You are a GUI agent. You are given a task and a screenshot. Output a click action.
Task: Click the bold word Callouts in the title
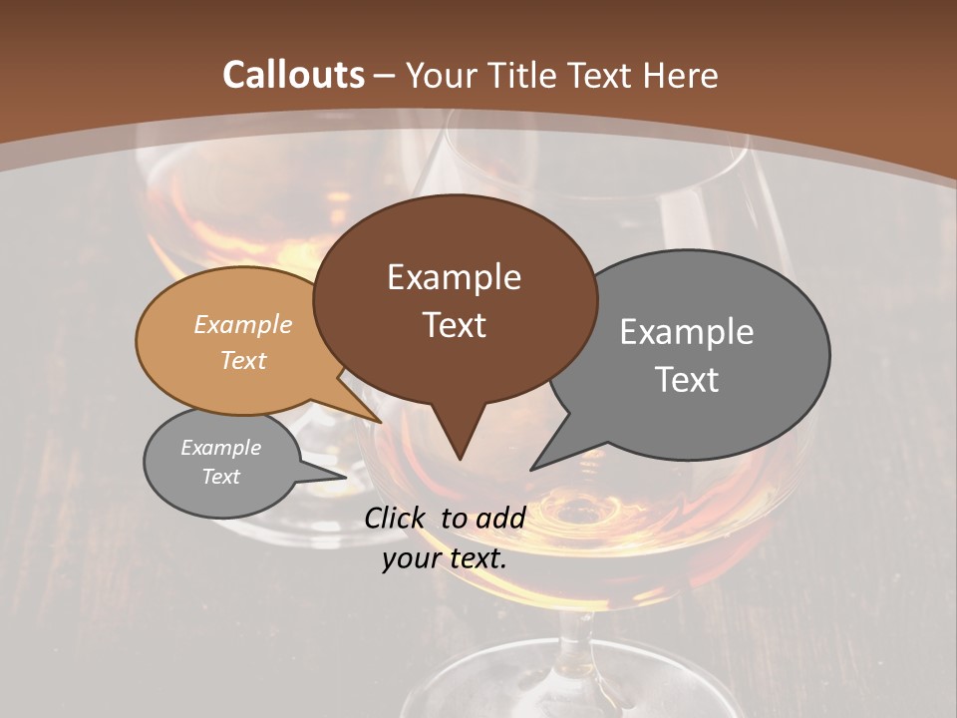pos(293,75)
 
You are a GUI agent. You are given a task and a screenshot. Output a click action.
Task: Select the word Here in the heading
pos(682,75)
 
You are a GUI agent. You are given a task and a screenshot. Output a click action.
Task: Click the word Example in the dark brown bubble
pos(454,276)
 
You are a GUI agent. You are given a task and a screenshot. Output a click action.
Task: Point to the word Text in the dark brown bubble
pos(454,324)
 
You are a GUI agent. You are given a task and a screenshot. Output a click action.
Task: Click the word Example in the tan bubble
pos(243,324)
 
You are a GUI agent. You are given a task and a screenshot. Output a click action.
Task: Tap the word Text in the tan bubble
pos(243,360)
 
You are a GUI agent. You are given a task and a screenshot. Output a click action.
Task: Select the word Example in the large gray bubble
pos(687,331)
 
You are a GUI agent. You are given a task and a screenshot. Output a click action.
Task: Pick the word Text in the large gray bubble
pos(687,379)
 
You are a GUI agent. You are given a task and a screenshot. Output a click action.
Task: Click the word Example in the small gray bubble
pos(220,448)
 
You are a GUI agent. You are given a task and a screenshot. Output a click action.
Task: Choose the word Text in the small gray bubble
pos(220,477)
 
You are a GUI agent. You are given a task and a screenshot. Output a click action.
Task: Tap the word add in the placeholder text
pos(500,518)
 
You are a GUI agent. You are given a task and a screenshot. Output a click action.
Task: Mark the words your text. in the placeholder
pos(445,558)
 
